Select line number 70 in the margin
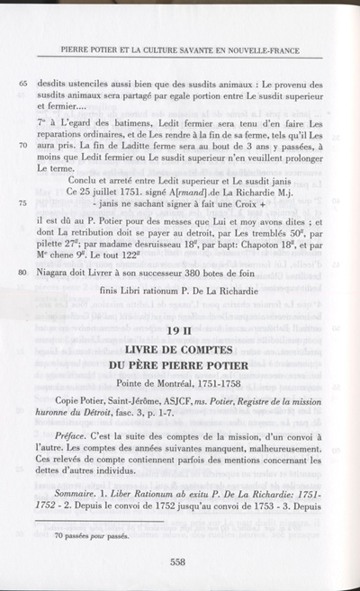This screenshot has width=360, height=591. (x=23, y=144)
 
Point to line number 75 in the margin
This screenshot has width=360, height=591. (x=23, y=204)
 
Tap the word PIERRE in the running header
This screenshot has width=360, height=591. (x=76, y=50)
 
